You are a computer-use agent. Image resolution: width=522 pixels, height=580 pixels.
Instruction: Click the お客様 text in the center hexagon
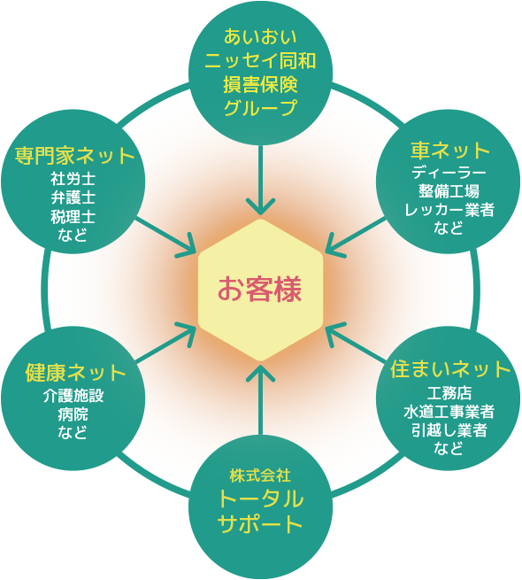pos(260,290)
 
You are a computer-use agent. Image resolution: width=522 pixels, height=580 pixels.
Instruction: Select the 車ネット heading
pos(450,151)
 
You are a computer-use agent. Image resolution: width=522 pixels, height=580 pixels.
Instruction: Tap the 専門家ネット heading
pos(74,155)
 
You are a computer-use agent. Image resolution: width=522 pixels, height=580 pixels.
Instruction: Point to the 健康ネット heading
pos(76,373)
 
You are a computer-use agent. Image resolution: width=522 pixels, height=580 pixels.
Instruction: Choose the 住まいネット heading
pos(450,368)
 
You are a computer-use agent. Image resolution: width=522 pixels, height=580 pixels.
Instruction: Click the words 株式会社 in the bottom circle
pos(260,476)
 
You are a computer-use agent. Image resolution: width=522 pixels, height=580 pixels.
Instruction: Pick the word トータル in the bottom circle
pos(261,499)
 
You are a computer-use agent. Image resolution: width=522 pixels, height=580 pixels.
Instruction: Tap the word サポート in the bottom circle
pos(260,524)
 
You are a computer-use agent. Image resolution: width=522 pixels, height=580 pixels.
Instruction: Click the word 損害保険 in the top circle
pos(260,85)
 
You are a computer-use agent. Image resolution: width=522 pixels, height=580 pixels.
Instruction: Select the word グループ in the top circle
pos(260,108)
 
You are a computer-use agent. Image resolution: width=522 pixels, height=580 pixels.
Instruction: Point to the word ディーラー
pos(449,173)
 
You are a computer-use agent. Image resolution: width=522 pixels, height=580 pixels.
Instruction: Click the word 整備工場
pos(449,191)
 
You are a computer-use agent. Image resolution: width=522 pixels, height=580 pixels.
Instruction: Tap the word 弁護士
pos(73,197)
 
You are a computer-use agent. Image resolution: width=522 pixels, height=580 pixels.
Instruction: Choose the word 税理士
pos(73,217)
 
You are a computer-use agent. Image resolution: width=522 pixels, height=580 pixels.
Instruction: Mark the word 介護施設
pos(73,396)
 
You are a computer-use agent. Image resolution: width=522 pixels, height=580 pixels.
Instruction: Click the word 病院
pos(73,414)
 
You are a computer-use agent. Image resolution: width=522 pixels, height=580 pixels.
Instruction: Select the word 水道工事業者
pos(449,412)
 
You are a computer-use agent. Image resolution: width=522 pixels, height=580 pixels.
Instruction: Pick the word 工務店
pos(449,393)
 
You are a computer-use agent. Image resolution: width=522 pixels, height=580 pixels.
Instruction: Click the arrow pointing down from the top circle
pos(261,180)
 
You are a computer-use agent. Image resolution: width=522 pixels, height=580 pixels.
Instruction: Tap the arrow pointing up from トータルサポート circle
pos(261,399)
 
